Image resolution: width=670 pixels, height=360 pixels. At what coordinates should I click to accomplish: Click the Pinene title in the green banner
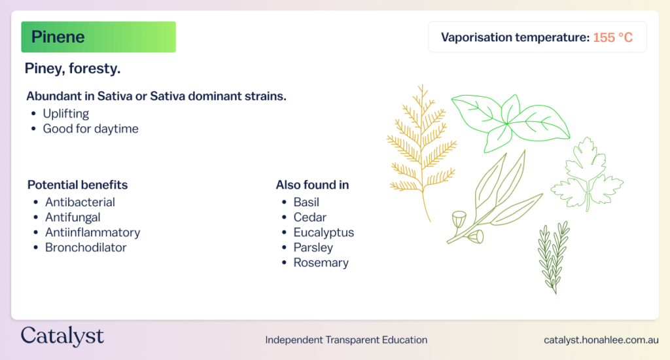tap(58, 37)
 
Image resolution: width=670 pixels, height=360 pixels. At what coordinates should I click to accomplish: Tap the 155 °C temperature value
tap(612, 37)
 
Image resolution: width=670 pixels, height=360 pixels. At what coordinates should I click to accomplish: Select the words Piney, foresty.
tap(72, 69)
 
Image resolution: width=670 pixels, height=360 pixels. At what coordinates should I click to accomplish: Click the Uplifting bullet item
tap(66, 114)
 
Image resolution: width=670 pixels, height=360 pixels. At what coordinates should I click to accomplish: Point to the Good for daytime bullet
tap(90, 129)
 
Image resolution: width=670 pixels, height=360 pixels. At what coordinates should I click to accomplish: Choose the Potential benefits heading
tap(77, 185)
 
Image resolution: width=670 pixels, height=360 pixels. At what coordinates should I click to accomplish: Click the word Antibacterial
tap(80, 202)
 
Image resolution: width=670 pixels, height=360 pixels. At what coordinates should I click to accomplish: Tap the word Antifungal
tap(73, 217)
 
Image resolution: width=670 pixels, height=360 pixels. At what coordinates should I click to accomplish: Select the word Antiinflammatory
tap(93, 232)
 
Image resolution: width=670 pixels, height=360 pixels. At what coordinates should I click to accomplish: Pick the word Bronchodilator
tap(86, 247)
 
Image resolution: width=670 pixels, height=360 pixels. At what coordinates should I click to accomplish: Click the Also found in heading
tap(312, 185)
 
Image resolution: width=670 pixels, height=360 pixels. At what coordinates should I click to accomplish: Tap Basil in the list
tap(306, 202)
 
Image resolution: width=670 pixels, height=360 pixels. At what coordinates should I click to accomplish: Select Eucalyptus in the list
tap(323, 232)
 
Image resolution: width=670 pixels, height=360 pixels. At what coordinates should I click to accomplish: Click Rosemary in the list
tap(321, 262)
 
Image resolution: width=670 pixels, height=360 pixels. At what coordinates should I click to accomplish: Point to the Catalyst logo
tap(62, 336)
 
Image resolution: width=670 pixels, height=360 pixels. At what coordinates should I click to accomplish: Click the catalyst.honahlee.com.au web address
tap(601, 340)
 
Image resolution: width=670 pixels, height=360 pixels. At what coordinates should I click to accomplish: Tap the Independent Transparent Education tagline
tap(346, 340)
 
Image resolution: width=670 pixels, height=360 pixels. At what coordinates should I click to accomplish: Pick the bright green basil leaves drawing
tap(507, 124)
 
